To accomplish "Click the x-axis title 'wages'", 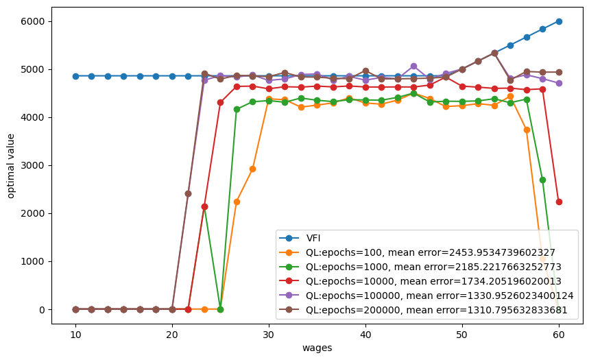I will pos(317,348).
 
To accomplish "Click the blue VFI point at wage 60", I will pos(559,21).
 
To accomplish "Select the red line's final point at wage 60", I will pos(559,202).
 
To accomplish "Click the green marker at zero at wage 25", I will pos(220,309).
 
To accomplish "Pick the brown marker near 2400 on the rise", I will pos(188,193).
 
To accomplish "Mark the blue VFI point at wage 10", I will pos(75,76).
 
